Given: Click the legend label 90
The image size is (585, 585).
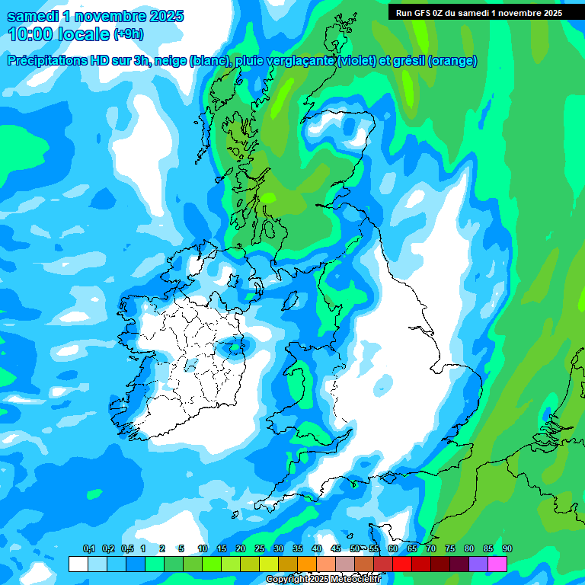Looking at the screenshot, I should point(507,549).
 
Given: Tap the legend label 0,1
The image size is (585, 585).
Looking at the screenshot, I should point(88,549).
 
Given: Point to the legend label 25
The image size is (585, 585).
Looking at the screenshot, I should point(259,549).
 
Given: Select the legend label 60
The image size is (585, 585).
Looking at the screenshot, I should point(392,549).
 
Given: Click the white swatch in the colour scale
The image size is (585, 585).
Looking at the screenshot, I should point(78,564).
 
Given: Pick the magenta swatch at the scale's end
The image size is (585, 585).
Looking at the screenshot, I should point(497,564).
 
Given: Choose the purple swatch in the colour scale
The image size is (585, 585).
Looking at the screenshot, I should point(478,564).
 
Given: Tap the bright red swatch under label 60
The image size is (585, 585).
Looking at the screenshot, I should point(402,564).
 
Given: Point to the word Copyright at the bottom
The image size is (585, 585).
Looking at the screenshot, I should point(287,580).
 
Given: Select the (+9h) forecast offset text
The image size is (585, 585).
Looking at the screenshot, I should point(129,34).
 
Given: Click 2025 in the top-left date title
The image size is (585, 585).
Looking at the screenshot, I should point(165,16).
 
